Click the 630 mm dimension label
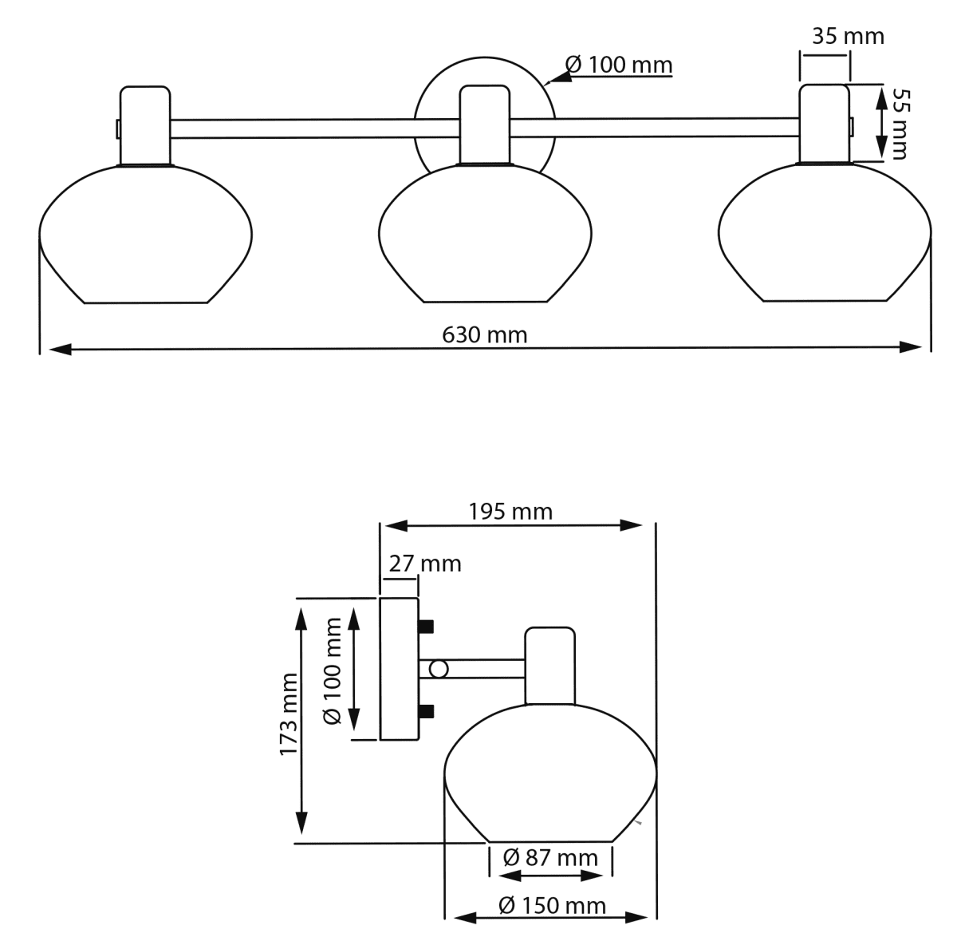[x=485, y=334]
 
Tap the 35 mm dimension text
[x=849, y=36]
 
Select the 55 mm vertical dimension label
[x=899, y=124]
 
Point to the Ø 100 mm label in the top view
[x=619, y=65]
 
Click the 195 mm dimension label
[x=510, y=511]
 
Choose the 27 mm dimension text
[x=424, y=563]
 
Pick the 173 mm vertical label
[x=289, y=714]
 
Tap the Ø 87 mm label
[x=550, y=858]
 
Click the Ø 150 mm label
[x=552, y=906]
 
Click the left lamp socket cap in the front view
[x=145, y=125]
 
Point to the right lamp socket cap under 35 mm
[x=825, y=123]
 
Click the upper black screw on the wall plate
[x=426, y=625]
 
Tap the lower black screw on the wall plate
[x=426, y=711]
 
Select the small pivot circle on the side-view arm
[x=438, y=668]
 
